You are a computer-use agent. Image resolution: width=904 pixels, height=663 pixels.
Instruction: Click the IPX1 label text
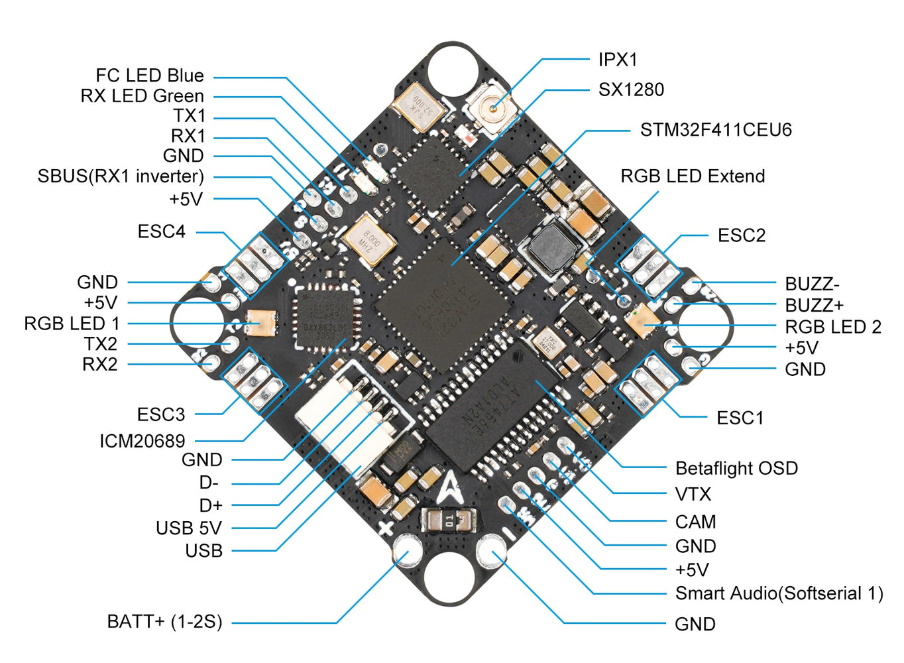click(617, 60)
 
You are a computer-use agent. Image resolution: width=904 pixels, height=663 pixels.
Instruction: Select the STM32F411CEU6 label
click(715, 130)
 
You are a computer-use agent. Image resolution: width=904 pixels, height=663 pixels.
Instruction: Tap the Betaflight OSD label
click(736, 468)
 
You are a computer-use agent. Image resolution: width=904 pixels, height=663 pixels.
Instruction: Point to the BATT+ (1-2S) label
click(164, 622)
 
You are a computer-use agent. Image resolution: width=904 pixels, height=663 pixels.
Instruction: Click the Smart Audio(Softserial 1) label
click(779, 593)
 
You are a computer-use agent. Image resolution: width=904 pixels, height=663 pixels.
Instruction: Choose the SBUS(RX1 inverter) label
click(121, 176)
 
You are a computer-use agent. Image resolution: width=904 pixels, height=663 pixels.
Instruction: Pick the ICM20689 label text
click(142, 441)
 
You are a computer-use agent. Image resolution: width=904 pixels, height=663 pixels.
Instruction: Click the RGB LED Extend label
click(693, 176)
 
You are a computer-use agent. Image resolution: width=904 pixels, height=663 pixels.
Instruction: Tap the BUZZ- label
click(812, 284)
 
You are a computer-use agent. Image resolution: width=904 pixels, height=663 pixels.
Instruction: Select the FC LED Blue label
click(150, 76)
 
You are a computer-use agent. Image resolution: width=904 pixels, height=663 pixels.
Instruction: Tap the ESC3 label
click(161, 415)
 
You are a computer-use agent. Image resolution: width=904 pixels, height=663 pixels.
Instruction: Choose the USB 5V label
click(188, 528)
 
